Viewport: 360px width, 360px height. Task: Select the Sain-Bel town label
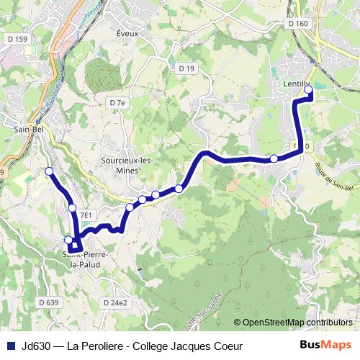point(26,130)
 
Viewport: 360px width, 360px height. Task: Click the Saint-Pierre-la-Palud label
point(86,259)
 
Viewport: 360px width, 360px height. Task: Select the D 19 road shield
point(186,68)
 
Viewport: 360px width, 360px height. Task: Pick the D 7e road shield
point(117,103)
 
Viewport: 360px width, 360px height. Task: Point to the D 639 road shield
point(49,302)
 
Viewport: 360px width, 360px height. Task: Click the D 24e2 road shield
point(114,302)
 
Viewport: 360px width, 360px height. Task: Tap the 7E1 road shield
point(86,215)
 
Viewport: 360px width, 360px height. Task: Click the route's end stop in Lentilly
point(310,90)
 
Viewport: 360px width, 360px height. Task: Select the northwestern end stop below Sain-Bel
point(49,171)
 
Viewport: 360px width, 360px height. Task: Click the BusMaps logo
point(325,345)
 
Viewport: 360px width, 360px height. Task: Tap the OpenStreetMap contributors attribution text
point(294,322)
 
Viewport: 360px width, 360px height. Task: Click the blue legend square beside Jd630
point(10,346)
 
